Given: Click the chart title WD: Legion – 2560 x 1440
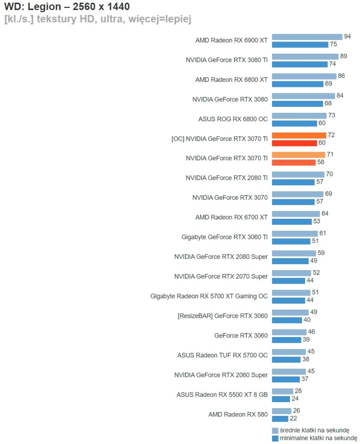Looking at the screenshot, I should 67,6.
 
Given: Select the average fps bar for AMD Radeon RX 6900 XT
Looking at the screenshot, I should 307,37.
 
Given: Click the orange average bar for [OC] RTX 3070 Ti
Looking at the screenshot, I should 299,135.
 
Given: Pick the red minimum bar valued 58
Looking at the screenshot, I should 293,162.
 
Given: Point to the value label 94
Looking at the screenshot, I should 347,36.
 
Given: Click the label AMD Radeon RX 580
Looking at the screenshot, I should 238,414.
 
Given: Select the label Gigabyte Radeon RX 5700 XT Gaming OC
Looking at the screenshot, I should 209,296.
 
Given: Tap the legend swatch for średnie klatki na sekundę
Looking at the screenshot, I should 275,431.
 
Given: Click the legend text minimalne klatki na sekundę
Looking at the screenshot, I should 314,438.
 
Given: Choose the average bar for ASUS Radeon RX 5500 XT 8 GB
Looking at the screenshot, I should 282,392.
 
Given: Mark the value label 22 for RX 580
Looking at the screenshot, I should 293,419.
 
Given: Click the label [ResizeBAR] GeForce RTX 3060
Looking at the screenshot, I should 222,316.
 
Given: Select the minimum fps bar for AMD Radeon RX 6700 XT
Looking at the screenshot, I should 291,221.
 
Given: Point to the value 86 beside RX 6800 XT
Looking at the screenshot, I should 341,76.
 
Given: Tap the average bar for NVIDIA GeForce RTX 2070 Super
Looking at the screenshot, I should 291,273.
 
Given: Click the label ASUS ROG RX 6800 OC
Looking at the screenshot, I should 233,119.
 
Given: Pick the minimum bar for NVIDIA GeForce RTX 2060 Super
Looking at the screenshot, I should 286,379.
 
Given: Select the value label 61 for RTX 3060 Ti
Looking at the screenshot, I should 322,233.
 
